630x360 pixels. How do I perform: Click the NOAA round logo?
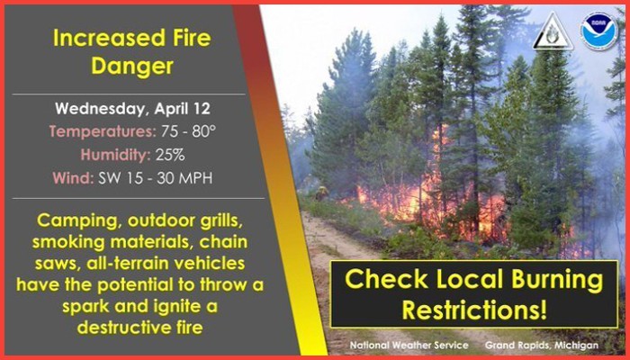click(599, 31)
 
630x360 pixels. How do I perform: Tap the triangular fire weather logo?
click(553, 32)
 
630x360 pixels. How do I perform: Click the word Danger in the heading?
click(132, 67)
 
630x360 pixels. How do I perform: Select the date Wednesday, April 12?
click(132, 109)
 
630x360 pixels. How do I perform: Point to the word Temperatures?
click(103, 131)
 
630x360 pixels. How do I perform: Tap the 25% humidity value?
click(170, 155)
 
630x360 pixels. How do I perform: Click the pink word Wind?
click(73, 178)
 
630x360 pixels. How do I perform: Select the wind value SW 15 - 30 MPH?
click(156, 178)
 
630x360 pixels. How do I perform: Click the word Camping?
click(74, 221)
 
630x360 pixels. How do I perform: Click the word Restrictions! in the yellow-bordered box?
click(474, 310)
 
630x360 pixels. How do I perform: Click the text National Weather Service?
click(409, 345)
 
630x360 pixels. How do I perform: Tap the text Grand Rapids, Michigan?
click(542, 345)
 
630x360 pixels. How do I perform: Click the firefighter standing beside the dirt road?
click(320, 193)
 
